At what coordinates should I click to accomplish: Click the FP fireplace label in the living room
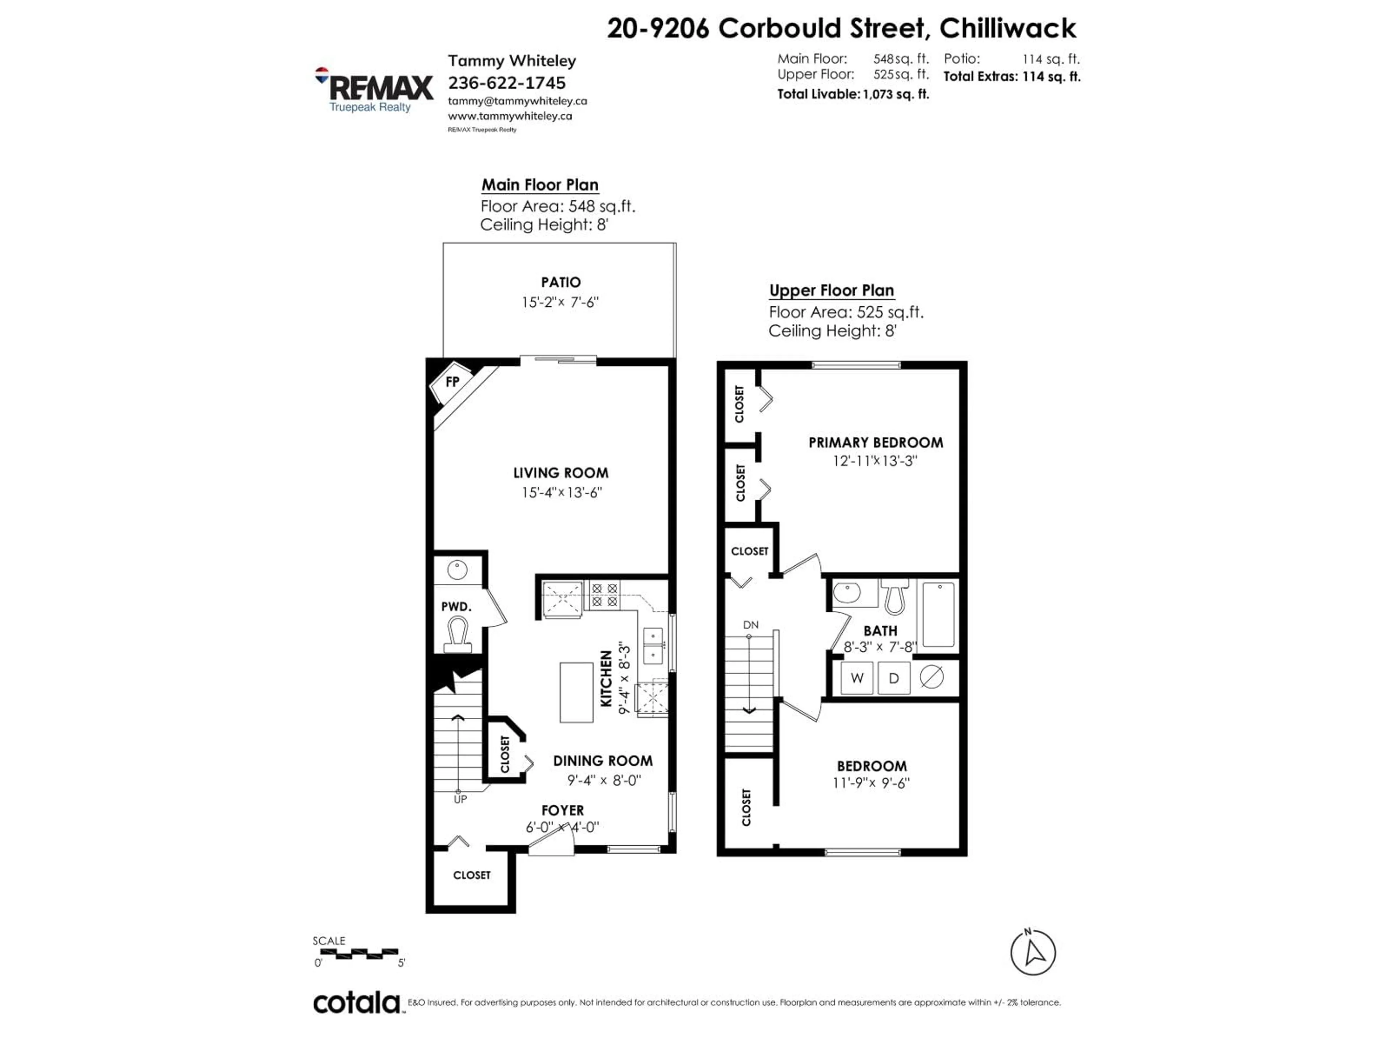pyautogui.click(x=452, y=382)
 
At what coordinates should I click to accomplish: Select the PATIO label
pyautogui.click(x=560, y=282)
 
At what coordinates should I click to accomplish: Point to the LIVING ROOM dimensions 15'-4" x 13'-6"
pyautogui.click(x=561, y=492)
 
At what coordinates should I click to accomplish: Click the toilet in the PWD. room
pyautogui.click(x=457, y=635)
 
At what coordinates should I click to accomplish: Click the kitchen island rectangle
pyautogui.click(x=576, y=692)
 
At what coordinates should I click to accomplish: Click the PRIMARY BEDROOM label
pyautogui.click(x=875, y=443)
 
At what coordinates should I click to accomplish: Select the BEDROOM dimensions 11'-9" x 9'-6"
pyautogui.click(x=872, y=783)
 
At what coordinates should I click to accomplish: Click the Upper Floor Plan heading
pyautogui.click(x=831, y=290)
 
